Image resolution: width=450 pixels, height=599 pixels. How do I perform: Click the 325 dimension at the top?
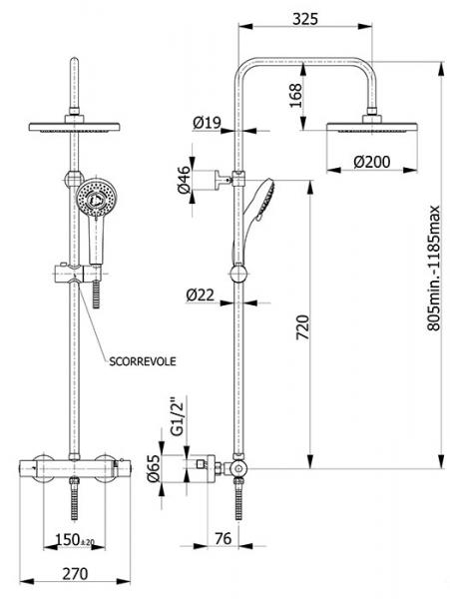click(305, 19)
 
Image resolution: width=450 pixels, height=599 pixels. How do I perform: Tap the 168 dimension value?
click(295, 96)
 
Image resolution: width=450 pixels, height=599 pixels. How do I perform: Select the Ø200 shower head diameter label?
click(372, 162)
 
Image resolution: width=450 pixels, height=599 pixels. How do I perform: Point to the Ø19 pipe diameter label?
click(207, 123)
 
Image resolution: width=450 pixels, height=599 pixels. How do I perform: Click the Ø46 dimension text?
click(185, 180)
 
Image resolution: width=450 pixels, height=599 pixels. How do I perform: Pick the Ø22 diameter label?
click(201, 296)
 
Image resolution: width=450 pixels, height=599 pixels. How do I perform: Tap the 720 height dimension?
click(302, 327)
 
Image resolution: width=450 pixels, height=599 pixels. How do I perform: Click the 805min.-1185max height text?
click(433, 269)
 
